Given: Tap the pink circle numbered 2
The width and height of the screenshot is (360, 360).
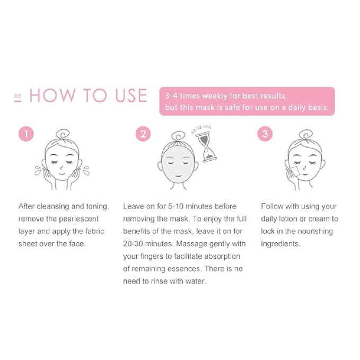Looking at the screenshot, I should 143,134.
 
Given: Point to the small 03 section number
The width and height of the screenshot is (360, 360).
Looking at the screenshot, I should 17,96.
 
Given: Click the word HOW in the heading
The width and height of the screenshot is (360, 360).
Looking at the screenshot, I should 51,95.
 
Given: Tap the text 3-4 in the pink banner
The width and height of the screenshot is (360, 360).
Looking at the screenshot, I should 172,96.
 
